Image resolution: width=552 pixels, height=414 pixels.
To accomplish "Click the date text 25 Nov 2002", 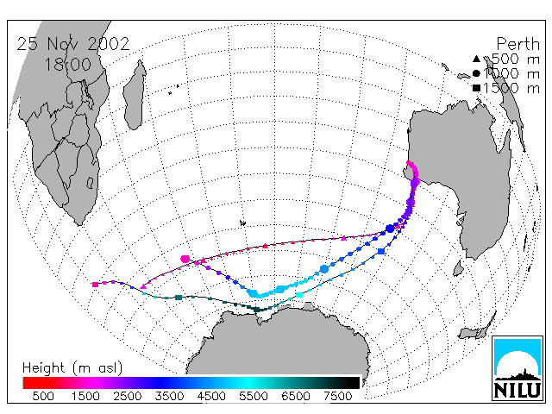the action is pyautogui.click(x=73, y=44).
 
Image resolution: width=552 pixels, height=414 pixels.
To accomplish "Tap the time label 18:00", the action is pyautogui.click(x=68, y=65).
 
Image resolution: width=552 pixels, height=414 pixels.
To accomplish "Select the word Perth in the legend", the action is pyautogui.click(x=517, y=45).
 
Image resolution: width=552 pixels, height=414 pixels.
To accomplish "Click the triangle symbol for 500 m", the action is pyautogui.click(x=476, y=59).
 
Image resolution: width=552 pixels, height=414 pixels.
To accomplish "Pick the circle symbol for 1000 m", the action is pyautogui.click(x=476, y=73).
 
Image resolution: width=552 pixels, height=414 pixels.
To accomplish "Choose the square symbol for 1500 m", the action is pyautogui.click(x=476, y=88).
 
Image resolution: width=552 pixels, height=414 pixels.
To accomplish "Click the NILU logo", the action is pyautogui.click(x=517, y=368).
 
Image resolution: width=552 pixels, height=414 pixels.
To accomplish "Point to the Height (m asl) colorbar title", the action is pyautogui.click(x=72, y=368).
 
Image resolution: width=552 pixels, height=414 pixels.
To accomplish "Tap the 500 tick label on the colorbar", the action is pyautogui.click(x=43, y=397).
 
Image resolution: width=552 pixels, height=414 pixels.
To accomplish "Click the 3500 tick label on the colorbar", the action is pyautogui.click(x=169, y=397).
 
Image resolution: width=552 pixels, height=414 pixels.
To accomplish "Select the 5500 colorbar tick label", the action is pyautogui.click(x=254, y=397).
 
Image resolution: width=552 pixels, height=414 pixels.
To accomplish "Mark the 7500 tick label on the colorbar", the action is pyautogui.click(x=337, y=397).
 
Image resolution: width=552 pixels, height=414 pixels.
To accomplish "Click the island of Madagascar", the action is pyautogui.click(x=135, y=95).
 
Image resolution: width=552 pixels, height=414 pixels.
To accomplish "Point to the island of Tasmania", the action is pyautogui.click(x=458, y=268).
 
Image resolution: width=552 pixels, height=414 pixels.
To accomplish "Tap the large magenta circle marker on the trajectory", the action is pyautogui.click(x=185, y=259).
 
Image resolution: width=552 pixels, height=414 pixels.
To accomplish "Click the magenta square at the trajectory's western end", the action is pyautogui.click(x=95, y=285).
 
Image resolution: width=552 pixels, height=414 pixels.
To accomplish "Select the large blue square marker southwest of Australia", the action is pyautogui.click(x=381, y=251).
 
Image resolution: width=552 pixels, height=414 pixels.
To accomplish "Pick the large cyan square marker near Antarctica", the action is pyautogui.click(x=299, y=295).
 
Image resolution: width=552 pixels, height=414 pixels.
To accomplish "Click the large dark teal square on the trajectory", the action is pyautogui.click(x=179, y=298).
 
